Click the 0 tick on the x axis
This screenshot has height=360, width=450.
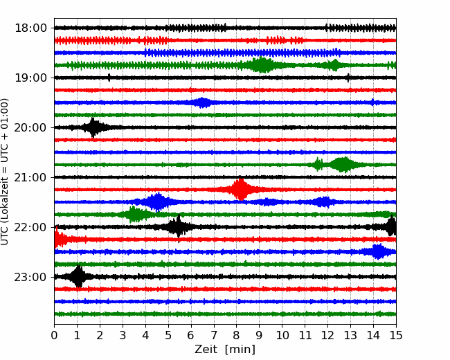[x=55, y=336]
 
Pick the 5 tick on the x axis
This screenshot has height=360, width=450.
[x=168, y=336]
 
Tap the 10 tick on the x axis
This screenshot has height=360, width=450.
[x=282, y=336]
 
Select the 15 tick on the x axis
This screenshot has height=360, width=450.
[x=395, y=336]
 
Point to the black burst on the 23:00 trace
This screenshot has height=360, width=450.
[x=78, y=277]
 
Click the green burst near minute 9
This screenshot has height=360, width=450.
[x=262, y=65]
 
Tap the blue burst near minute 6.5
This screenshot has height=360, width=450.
[x=202, y=102]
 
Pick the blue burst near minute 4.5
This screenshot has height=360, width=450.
[x=159, y=201]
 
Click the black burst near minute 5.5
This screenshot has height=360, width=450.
[x=179, y=227]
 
